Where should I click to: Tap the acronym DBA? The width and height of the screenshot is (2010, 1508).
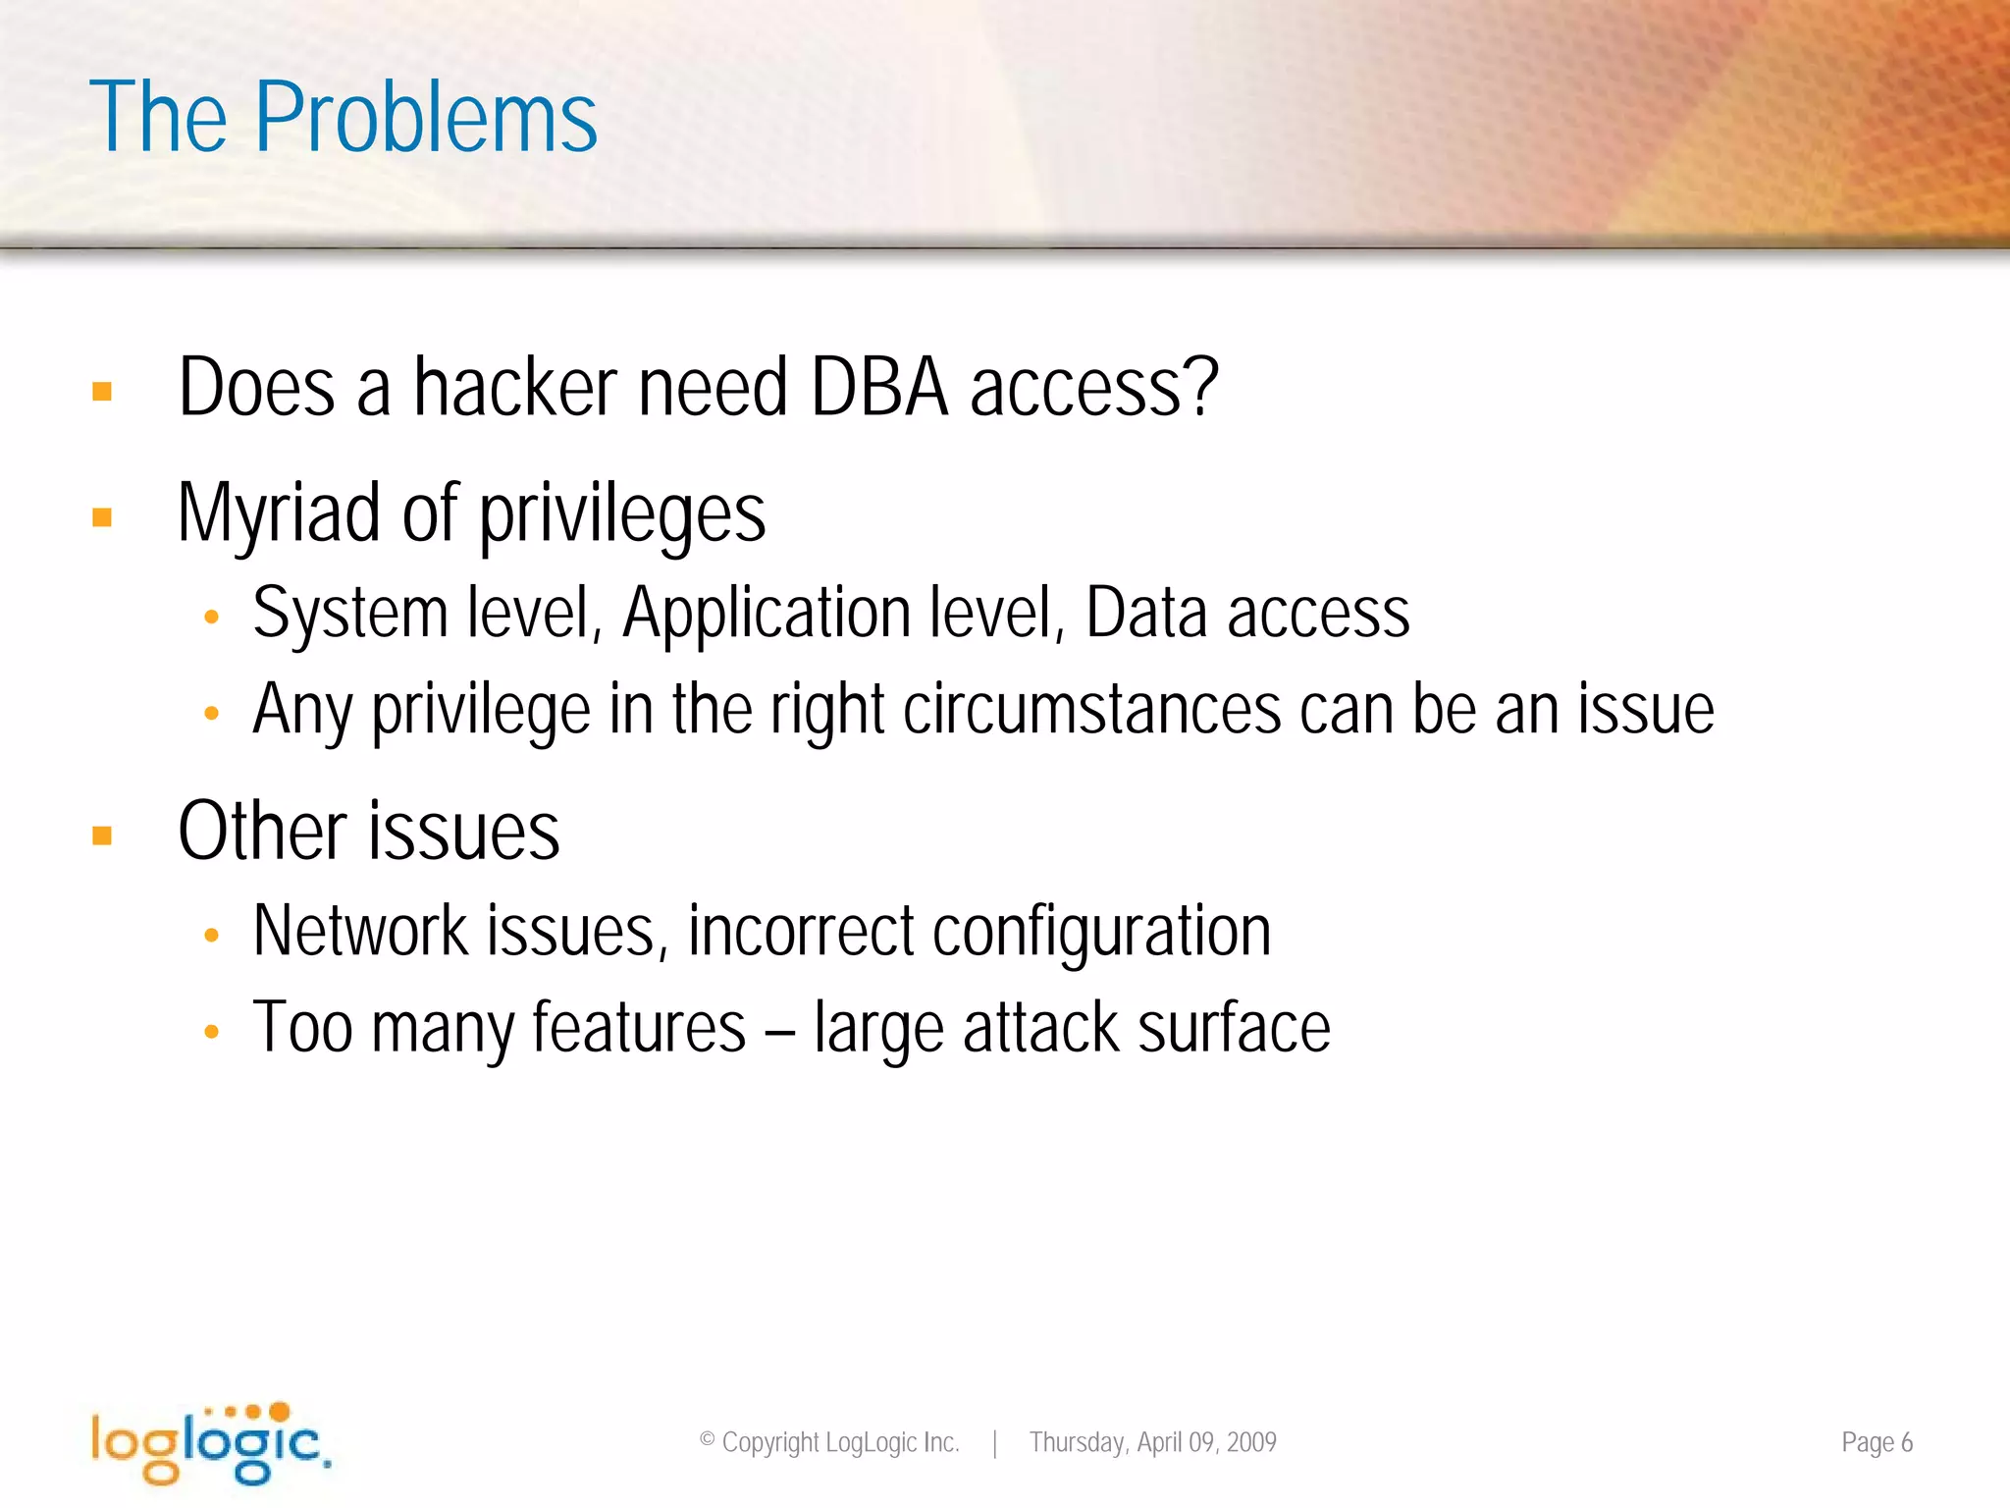pos(879,388)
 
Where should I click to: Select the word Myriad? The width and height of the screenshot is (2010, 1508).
pos(279,513)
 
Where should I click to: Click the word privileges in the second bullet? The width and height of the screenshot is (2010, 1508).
pos(622,515)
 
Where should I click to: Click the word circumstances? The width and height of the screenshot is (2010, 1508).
pos(1091,710)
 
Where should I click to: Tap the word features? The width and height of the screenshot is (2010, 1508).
pos(639,1028)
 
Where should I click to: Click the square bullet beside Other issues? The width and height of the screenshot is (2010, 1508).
pos(102,835)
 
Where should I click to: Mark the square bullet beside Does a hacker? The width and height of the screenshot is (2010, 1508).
pos(102,392)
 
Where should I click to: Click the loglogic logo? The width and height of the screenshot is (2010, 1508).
pos(211,1442)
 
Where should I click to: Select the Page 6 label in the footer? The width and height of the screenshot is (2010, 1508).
pos(1877,1442)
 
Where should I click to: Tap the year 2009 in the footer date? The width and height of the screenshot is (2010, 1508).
pos(1251,1442)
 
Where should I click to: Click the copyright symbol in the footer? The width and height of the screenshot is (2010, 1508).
pos(707,1440)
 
